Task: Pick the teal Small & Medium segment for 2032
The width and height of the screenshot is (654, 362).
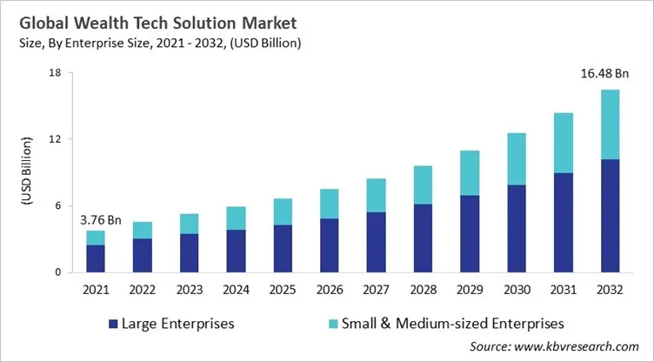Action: (611, 124)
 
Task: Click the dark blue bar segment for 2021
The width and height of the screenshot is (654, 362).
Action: (96, 258)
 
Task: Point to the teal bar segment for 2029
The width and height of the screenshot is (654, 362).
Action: (470, 172)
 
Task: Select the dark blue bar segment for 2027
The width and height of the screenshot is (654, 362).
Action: (376, 242)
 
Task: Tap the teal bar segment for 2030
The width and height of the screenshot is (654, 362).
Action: (517, 158)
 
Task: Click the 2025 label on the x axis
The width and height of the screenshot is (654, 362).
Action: (283, 287)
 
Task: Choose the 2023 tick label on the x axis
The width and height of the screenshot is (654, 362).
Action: (189, 287)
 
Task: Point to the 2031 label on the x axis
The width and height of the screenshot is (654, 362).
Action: (564, 287)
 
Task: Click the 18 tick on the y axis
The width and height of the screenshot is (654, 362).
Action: (55, 72)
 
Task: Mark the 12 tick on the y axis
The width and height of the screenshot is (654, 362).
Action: (55, 139)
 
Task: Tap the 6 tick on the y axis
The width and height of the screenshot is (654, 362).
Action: (57, 205)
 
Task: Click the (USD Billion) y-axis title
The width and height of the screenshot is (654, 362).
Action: (27, 172)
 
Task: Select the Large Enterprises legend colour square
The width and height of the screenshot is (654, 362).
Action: (112, 324)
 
